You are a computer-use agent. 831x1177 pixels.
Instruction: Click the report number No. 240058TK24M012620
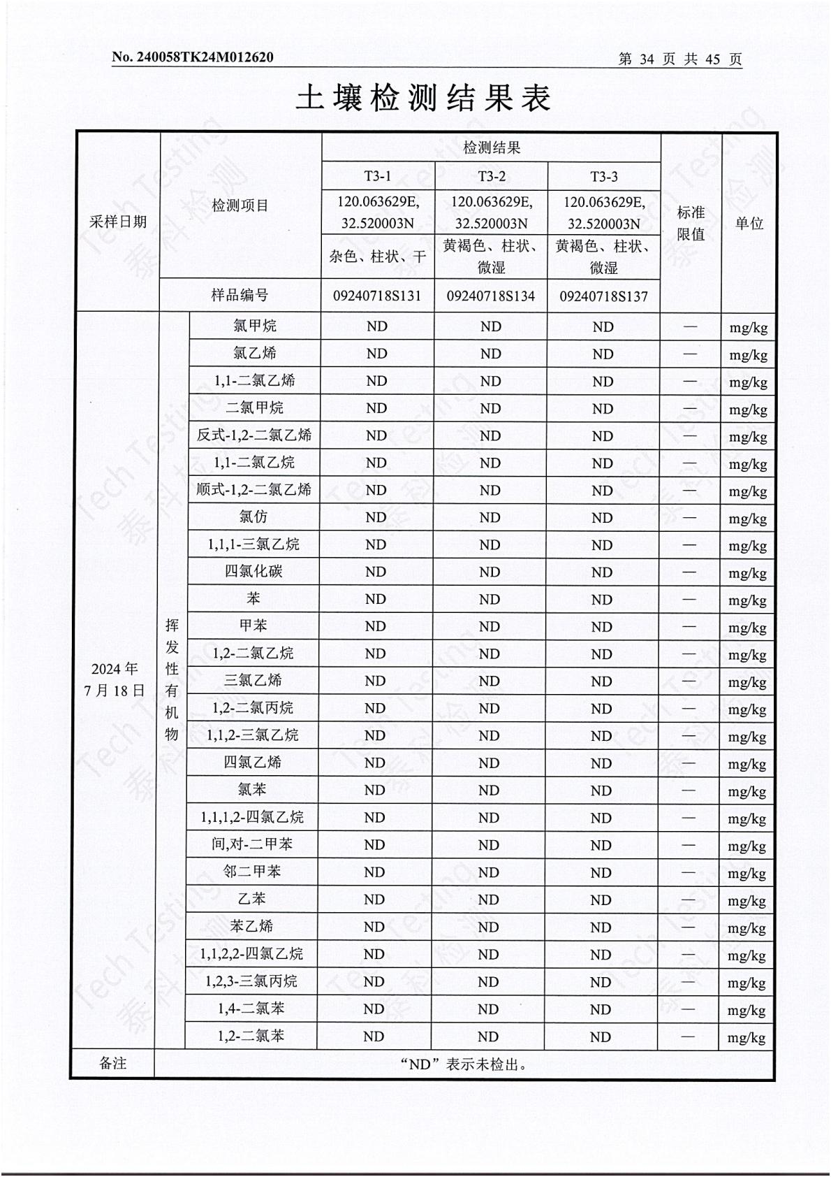point(193,57)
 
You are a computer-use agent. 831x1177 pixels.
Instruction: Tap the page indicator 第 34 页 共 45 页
point(679,59)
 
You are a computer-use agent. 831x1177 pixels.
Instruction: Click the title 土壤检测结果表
point(423,98)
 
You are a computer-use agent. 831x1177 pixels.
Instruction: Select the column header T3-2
point(492,176)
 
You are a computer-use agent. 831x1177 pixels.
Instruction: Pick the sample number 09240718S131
point(377,296)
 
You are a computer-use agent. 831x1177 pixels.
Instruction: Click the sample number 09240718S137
point(603,296)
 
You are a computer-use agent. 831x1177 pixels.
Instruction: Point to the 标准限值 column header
point(691,223)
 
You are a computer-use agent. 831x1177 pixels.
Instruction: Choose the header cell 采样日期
point(118,222)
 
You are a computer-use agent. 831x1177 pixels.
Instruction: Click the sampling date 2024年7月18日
point(115,679)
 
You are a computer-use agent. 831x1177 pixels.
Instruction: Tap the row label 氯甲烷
point(255,326)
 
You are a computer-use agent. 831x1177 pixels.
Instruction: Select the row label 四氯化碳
point(253,571)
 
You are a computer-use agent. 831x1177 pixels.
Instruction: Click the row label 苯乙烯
point(251,926)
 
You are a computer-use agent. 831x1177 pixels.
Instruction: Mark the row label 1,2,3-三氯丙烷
point(251,981)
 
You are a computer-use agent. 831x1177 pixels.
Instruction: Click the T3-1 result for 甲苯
point(376,626)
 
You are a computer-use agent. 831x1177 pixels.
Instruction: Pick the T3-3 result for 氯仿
point(602,518)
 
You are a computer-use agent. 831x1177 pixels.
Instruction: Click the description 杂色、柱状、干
point(378,257)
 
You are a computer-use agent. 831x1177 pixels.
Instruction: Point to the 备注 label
point(113,1063)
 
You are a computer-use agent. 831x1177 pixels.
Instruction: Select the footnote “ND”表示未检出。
point(464,1064)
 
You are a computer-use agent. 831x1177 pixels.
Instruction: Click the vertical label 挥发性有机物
point(172,679)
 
